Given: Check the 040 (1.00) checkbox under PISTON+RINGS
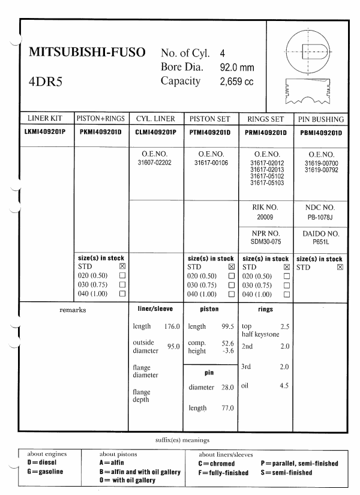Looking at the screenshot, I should (122, 294).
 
